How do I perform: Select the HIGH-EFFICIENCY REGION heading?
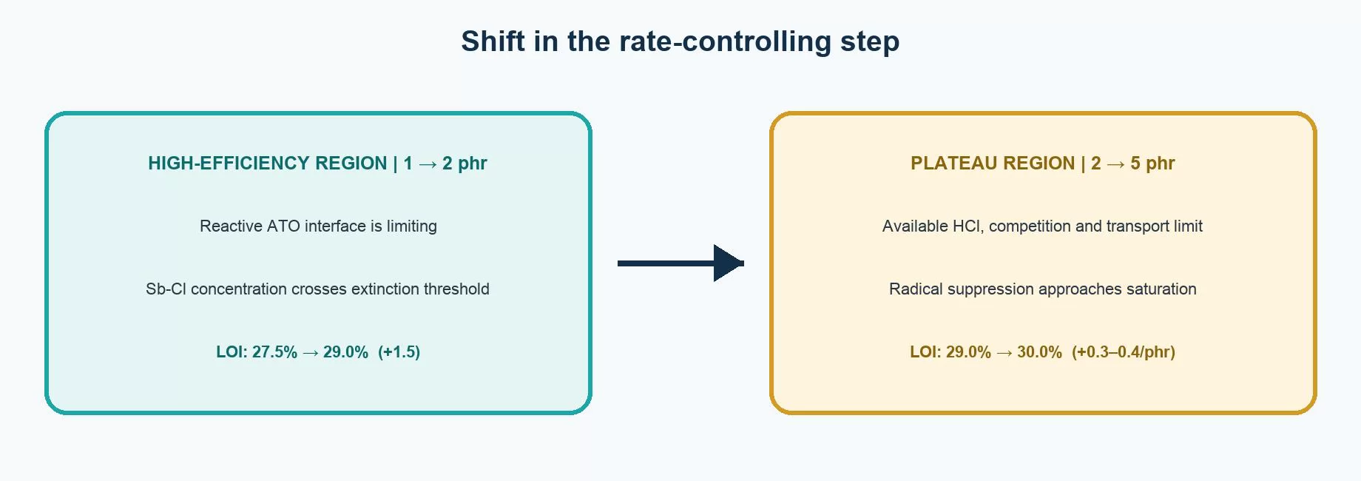[267, 163]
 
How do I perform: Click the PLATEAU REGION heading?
[992, 163]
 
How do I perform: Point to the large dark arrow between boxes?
[680, 263]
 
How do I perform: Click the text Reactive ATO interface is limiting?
[318, 226]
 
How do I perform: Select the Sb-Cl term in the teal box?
[166, 289]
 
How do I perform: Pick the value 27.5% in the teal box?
[274, 352]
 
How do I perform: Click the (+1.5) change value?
[399, 352]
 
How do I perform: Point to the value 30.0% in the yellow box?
[1039, 352]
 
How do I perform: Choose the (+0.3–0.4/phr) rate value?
[1124, 352]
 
